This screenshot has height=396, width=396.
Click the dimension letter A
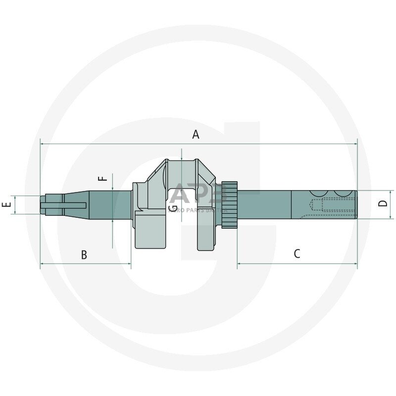[x=196, y=135]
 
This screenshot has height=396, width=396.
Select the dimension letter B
[x=84, y=255]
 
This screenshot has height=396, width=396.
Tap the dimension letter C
[x=297, y=254]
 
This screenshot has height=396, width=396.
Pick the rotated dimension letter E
[x=6, y=204]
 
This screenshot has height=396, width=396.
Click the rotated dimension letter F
[x=103, y=178]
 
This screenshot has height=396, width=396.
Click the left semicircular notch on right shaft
[x=319, y=193]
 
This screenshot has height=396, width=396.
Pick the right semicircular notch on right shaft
[x=342, y=193]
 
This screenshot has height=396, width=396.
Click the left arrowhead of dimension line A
[x=42, y=144]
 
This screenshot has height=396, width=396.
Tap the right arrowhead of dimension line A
[x=355, y=144]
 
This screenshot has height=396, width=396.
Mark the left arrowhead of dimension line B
[x=42, y=263]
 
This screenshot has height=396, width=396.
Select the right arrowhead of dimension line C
[x=355, y=263]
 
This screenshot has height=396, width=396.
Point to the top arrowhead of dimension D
[x=391, y=192]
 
